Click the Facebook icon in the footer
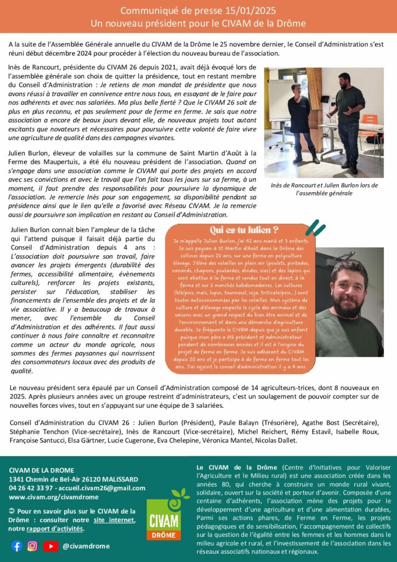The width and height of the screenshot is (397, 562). point(16,546)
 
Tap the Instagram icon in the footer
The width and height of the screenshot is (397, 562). point(32,546)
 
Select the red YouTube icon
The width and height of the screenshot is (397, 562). point(51,546)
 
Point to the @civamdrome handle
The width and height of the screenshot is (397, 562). point(86,546)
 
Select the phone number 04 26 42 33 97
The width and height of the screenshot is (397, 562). point(31,488)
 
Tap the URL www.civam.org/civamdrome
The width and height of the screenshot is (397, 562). point(53,497)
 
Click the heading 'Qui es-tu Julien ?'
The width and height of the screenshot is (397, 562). point(243,229)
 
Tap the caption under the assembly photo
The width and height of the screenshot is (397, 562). point(324,189)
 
